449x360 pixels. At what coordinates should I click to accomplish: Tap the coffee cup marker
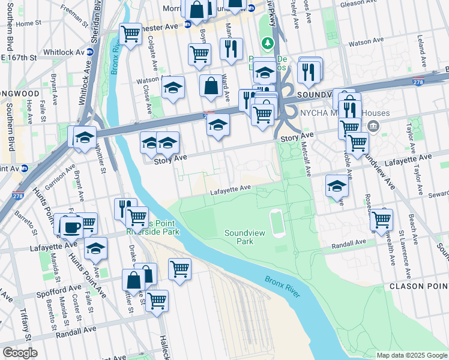click(x=72, y=227)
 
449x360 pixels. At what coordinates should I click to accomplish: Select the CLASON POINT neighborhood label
click(x=417, y=287)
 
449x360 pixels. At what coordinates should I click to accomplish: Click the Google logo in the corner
click(x=20, y=353)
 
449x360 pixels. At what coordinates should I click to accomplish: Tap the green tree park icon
click(x=268, y=43)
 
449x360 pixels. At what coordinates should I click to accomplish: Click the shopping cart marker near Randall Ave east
click(x=382, y=221)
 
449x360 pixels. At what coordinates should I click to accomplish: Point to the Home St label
click(x=26, y=24)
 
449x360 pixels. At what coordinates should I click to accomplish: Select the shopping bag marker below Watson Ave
click(x=211, y=87)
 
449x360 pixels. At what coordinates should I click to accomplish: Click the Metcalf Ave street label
click(x=308, y=162)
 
